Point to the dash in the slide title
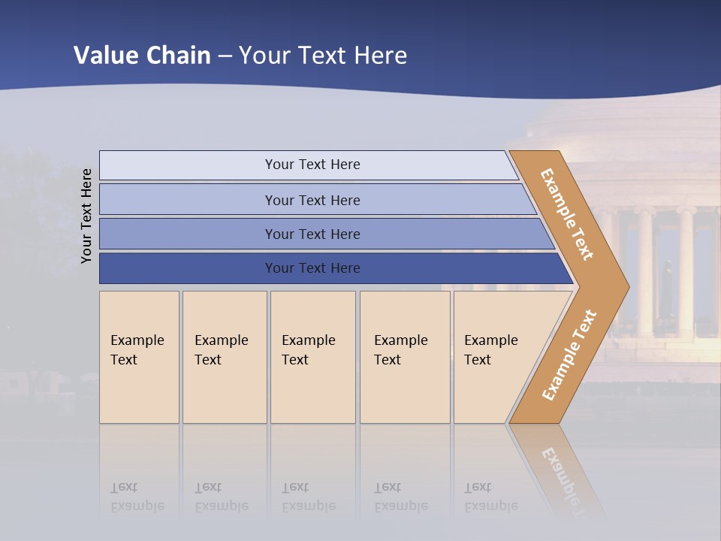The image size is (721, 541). [x=225, y=56]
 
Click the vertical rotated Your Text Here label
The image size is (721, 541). [x=86, y=216]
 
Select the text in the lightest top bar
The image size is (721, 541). [x=312, y=165]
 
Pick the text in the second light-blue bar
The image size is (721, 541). [x=312, y=200]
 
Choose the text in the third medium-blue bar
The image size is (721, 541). [x=312, y=234]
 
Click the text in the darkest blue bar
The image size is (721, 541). [x=312, y=267]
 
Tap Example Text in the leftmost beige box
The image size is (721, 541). [x=137, y=350]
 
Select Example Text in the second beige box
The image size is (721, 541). [x=221, y=350]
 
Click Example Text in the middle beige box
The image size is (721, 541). [x=308, y=350]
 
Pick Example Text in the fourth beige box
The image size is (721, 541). [x=400, y=350]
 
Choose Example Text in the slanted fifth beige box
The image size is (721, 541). [x=490, y=350]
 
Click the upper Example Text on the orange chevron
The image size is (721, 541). [x=567, y=214]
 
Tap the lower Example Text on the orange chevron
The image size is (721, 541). [x=569, y=355]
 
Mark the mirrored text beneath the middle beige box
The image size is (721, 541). [x=308, y=497]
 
